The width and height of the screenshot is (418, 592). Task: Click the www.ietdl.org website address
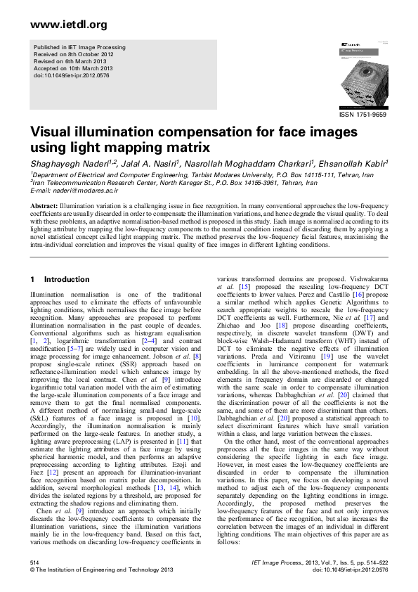pos(69,25)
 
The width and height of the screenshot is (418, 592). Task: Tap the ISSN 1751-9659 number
pos(363,114)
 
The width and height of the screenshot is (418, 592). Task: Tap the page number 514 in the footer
pos(34,563)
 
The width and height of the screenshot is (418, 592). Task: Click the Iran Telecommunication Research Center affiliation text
pos(96,182)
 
